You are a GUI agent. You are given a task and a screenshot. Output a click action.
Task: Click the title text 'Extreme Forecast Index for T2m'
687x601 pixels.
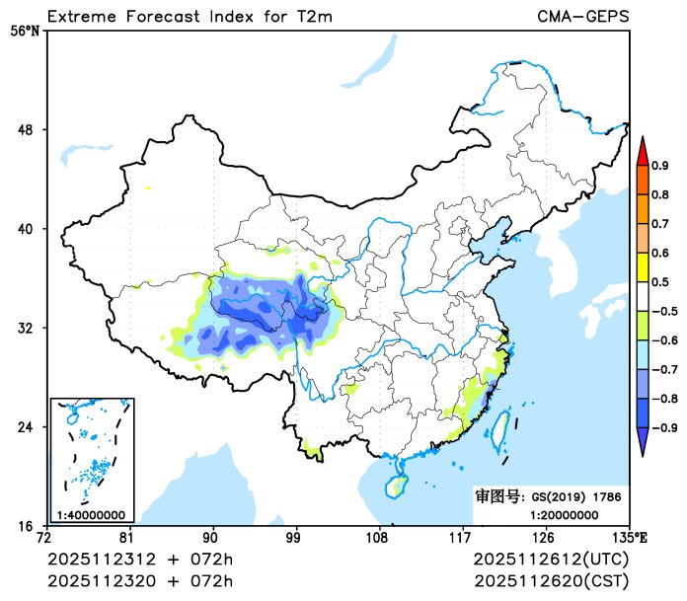pyautogui.click(x=187, y=16)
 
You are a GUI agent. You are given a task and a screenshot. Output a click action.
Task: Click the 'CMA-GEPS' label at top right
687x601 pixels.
pyautogui.click(x=583, y=16)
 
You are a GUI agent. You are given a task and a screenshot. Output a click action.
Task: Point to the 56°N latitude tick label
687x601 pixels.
pyautogui.click(x=25, y=31)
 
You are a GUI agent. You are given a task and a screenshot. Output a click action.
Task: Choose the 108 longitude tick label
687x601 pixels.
pyautogui.click(x=377, y=538)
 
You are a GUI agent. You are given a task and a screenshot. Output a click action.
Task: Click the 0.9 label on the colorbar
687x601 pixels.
pyautogui.click(x=659, y=166)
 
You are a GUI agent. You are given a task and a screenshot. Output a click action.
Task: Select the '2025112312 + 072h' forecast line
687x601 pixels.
pyautogui.click(x=141, y=559)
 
